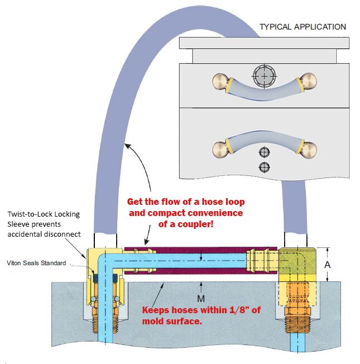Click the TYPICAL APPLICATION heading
pos(303,27)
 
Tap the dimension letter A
pos(328,265)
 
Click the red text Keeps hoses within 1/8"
pos(193,310)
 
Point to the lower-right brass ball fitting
pos(308,149)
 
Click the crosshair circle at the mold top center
pos(262,75)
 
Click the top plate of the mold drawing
pos(264,43)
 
